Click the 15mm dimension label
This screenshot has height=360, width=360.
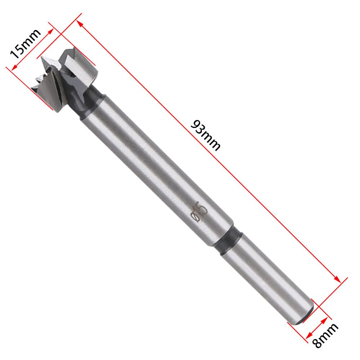tap(25, 44)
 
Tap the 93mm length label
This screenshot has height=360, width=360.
tap(206, 135)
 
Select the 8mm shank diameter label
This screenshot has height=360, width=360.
tap(325, 336)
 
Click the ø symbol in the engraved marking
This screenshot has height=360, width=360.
tap(195, 217)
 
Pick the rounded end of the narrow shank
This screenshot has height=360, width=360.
tap(305, 316)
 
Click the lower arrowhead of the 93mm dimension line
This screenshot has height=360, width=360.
tap(337, 279)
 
